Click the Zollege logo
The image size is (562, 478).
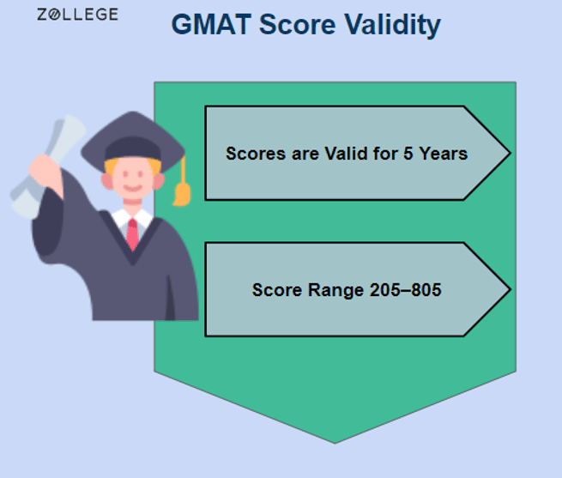78,15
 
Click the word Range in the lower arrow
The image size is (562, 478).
328,290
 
